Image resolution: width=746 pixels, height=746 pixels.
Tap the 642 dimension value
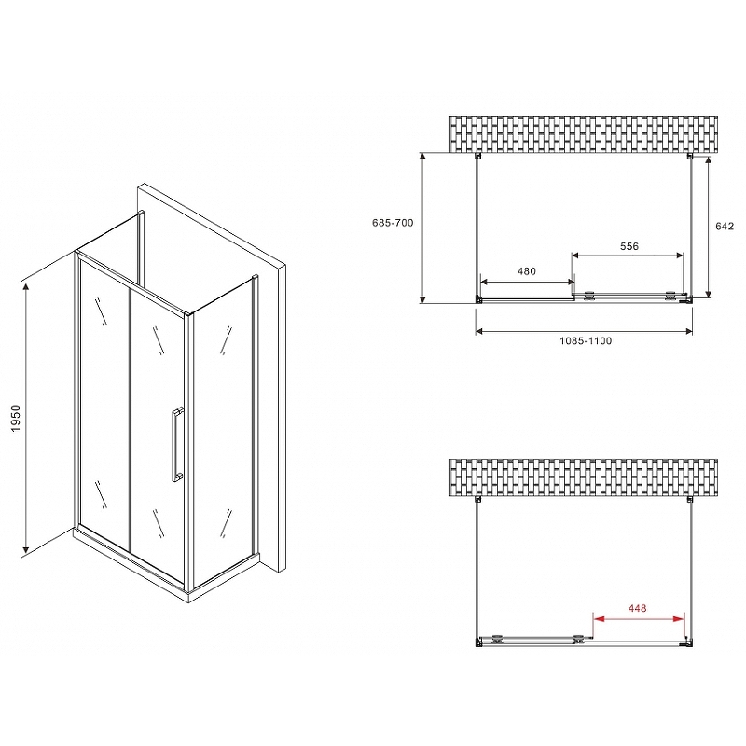(725, 226)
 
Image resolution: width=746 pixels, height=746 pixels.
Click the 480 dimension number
(526, 271)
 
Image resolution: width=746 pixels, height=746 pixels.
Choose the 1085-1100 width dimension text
(586, 341)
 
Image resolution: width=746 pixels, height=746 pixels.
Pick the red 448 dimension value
(638, 609)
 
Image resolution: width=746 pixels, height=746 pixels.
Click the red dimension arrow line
(639, 618)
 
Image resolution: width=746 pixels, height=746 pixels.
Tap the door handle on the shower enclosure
(173, 445)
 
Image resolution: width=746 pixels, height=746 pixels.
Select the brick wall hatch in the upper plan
(587, 134)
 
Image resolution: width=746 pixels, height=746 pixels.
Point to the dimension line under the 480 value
(526, 281)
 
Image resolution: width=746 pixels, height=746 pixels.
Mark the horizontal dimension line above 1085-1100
(585, 331)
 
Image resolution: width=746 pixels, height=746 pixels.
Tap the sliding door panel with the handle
(155, 420)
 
